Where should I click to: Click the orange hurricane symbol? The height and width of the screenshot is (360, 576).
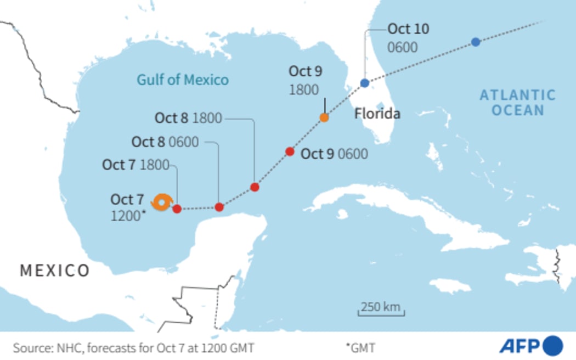tap(162, 203)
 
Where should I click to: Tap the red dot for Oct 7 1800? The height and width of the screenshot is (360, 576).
tap(177, 209)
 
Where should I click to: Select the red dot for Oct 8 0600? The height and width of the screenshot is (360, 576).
tap(219, 207)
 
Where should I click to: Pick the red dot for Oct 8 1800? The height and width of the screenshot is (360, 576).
tap(255, 187)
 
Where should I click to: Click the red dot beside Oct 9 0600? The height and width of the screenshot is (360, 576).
tap(290, 151)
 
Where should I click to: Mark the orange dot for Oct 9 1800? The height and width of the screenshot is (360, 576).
tap(324, 117)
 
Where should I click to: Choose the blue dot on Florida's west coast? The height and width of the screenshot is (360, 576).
tap(365, 83)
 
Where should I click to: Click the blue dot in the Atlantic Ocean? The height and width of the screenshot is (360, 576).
tap(476, 42)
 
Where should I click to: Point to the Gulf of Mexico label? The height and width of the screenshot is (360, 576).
tap(183, 80)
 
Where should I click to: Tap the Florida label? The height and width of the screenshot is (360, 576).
tap(377, 114)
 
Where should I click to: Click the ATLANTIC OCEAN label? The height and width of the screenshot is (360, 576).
tap(517, 103)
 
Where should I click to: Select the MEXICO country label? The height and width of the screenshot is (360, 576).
tap(55, 270)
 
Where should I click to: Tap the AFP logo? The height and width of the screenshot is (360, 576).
tap(530, 346)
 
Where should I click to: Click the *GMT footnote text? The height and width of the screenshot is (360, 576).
tap(360, 347)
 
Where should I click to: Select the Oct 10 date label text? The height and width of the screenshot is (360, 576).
tap(408, 29)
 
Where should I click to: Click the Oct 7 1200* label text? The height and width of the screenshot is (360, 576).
tap(128, 207)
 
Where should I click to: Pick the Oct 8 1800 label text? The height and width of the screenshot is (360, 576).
tap(188, 118)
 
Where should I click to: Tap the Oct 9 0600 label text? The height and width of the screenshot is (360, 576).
tap(334, 154)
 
